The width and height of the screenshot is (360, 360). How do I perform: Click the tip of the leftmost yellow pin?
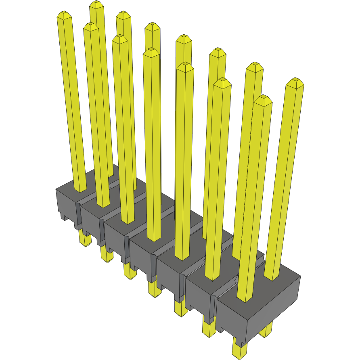64,15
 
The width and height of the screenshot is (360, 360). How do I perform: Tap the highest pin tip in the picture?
96,5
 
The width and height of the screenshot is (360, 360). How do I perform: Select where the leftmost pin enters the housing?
80,189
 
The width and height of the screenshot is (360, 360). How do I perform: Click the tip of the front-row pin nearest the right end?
263,99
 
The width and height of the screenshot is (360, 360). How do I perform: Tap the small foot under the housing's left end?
64,217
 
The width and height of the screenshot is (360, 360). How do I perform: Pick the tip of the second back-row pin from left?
123,15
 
